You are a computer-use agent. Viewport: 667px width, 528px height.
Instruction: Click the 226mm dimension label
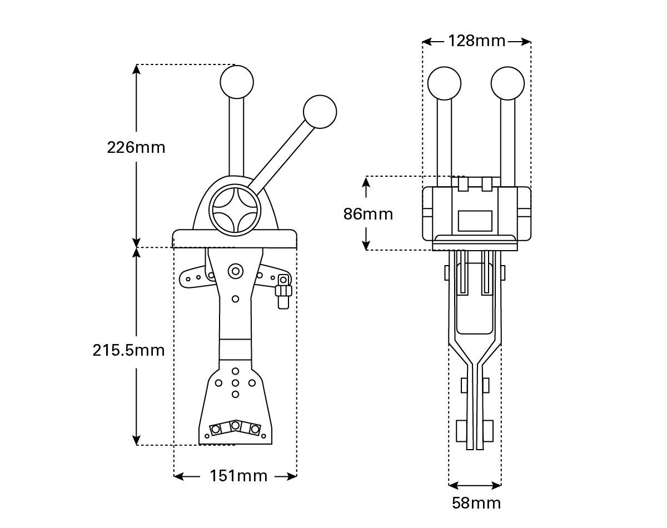[x=136, y=147]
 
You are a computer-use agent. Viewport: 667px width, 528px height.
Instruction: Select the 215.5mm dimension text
[x=129, y=350]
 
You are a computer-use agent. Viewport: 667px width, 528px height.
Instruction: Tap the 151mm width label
[x=238, y=476]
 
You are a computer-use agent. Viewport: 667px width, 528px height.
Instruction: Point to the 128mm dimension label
[x=476, y=41]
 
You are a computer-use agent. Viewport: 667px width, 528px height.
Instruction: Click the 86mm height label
[x=368, y=214]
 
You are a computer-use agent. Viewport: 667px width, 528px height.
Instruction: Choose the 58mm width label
[x=476, y=503]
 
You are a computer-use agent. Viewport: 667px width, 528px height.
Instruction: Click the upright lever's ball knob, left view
[x=237, y=82]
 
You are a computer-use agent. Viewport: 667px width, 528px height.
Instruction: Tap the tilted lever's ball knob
[x=320, y=112]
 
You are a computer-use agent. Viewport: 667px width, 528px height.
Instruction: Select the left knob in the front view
[x=444, y=83]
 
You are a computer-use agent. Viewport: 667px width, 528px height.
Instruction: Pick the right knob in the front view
[x=508, y=83]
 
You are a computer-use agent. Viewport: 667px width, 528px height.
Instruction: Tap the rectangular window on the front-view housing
[x=475, y=221]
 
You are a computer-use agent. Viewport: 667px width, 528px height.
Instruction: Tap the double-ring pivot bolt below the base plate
[x=236, y=271]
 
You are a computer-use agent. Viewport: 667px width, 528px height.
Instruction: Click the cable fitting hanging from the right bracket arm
[x=283, y=292]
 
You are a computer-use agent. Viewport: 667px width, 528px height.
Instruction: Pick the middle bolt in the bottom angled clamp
[x=236, y=426]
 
